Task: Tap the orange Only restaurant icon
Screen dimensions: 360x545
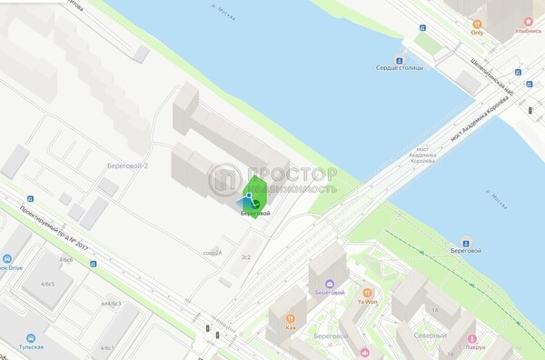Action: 477,21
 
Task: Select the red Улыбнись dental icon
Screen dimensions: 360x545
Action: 527,20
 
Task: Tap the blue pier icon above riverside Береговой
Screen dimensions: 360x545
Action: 465,241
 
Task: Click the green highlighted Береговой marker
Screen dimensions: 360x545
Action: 253,201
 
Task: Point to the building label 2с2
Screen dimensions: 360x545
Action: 245,258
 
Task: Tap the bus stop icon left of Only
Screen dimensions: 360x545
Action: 421,27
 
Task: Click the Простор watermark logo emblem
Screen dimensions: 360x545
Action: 225,180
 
